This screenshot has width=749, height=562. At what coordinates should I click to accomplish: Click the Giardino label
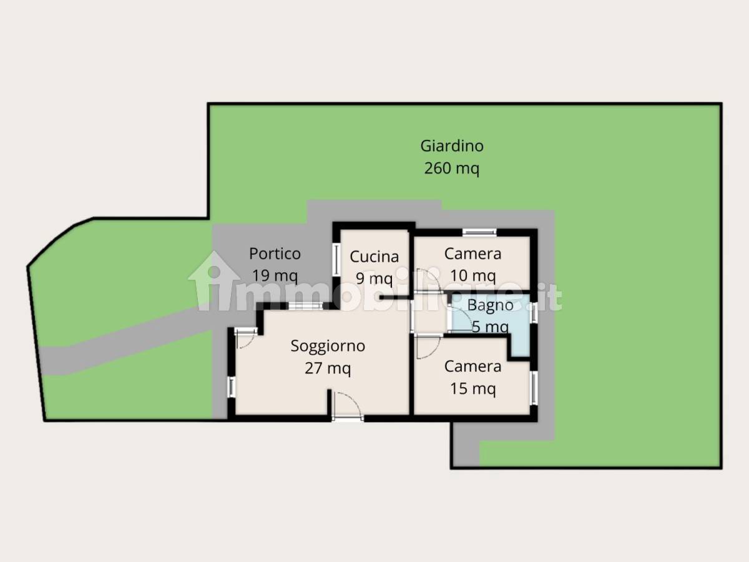tap(452, 147)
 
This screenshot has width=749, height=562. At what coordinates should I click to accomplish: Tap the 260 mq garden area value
tap(452, 169)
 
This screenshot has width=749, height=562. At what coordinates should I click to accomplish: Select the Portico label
tap(275, 254)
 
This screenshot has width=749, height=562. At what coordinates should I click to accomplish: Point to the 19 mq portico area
tap(275, 275)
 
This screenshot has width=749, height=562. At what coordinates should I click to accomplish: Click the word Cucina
tap(374, 257)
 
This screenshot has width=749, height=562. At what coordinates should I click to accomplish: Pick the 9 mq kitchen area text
tap(374, 279)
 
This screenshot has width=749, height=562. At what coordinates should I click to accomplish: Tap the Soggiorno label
tap(328, 347)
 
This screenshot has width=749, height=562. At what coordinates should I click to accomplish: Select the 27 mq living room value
tap(328, 368)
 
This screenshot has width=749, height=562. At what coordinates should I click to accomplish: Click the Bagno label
tap(491, 305)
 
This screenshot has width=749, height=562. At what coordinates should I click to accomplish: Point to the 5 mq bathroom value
tap(491, 327)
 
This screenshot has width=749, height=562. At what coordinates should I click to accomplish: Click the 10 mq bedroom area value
tap(473, 275)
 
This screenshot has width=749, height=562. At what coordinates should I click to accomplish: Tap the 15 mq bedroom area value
tap(473, 388)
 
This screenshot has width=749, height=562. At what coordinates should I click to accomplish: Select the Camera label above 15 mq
tap(473, 367)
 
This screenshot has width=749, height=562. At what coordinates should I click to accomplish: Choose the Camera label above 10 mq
tap(473, 254)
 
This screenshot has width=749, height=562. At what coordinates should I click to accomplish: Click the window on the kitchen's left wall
tap(336, 259)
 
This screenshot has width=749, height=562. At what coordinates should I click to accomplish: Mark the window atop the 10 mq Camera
tap(479, 232)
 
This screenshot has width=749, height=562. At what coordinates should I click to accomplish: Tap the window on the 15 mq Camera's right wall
tap(534, 388)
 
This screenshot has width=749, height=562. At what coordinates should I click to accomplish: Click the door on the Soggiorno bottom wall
tap(348, 408)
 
